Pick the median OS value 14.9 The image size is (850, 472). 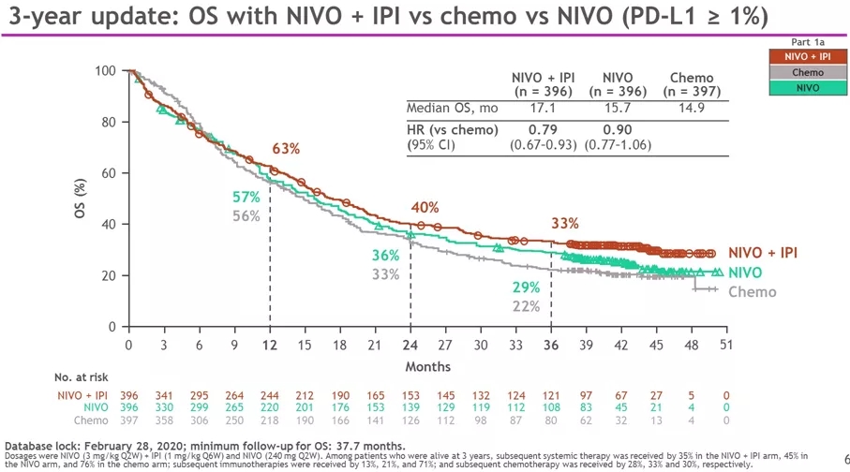click(691, 108)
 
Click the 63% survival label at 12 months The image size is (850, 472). click(286, 149)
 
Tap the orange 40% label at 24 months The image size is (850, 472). click(425, 207)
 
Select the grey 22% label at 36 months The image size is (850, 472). click(526, 306)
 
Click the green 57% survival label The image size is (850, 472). click(246, 197)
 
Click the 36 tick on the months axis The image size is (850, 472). click(550, 345)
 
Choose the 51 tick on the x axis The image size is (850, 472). click(725, 345)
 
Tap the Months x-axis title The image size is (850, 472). click(427, 366)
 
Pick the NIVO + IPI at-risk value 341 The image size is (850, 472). click(163, 393)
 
